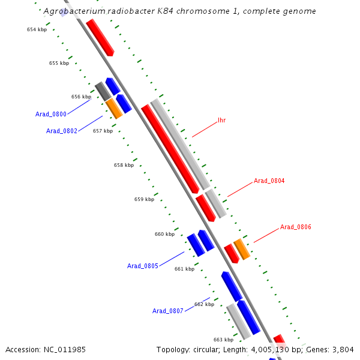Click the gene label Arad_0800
(x=51, y=114)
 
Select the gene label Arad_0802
(x=62, y=131)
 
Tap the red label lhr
(x=222, y=120)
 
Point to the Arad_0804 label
(x=269, y=181)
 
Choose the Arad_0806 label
(x=296, y=227)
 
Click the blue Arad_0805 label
(x=143, y=266)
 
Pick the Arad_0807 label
(x=168, y=311)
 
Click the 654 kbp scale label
(x=37, y=29)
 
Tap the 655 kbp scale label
(x=59, y=63)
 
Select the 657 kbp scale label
(x=103, y=131)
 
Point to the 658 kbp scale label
(x=124, y=165)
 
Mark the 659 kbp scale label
(x=144, y=199)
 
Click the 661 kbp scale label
(x=184, y=269)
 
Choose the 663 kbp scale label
(x=223, y=340)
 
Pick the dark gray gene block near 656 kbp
(x=103, y=92)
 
